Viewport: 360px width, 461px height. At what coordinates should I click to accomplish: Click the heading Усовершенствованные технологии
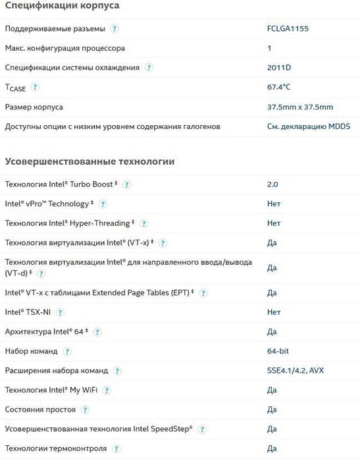coord(90,161)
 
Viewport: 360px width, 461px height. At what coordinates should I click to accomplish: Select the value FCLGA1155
coord(288,29)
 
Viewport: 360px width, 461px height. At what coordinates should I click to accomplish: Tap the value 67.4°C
coord(279,87)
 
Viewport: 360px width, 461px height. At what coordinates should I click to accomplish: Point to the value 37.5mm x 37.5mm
coord(300,107)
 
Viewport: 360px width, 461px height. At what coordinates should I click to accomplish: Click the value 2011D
coord(279,68)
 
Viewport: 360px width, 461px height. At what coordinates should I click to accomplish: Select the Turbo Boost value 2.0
coord(273,184)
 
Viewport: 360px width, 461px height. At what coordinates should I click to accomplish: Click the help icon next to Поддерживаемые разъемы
coord(115,29)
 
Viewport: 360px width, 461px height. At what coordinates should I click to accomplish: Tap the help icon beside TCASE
coord(35,87)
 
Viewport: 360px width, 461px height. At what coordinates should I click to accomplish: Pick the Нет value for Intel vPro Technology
coord(274,204)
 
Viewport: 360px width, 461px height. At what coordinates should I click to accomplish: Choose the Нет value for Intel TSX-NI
coord(274,312)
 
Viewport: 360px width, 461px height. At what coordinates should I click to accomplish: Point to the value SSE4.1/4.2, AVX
coord(295,371)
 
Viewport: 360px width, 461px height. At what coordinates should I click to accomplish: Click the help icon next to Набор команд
coord(67,352)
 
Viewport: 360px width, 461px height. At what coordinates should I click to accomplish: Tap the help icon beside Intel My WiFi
coord(107,391)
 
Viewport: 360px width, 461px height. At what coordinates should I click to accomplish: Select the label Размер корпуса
coord(34,107)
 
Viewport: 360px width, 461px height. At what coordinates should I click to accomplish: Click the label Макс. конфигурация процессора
coord(64,48)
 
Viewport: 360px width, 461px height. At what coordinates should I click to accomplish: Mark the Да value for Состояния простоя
coord(272,410)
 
